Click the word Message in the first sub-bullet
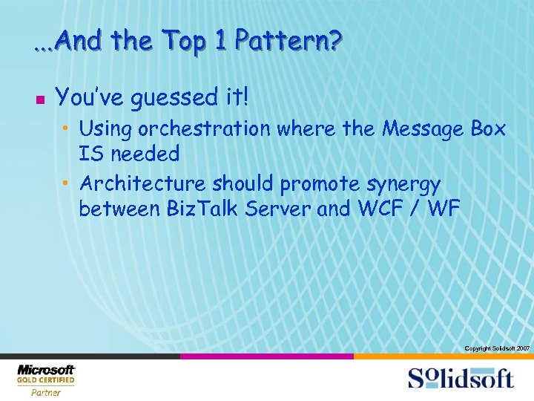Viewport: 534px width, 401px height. click(x=422, y=128)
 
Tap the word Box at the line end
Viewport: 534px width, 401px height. click(x=488, y=128)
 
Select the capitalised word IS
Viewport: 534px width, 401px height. click(x=90, y=154)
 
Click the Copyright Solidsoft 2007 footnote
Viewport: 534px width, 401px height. click(x=496, y=348)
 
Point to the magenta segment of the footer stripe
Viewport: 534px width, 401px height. click(x=267, y=356)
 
